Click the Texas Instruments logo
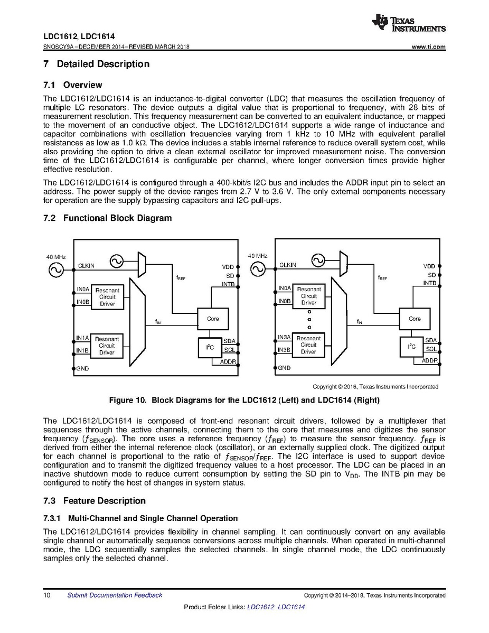pos(408,22)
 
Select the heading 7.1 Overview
pos(72,85)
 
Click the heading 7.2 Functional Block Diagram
pos(107,218)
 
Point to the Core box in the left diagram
pos(213,319)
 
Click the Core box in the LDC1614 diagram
pos(415,319)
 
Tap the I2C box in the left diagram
pos(210,347)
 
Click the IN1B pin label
pos(82,350)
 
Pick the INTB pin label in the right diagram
pos(429,283)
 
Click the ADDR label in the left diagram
pos(228,361)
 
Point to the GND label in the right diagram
pos(284,368)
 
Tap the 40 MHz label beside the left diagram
pos(55,256)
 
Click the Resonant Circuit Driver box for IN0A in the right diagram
pos(309,296)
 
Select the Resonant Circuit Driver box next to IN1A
pos(107,346)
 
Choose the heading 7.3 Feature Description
pos(93,501)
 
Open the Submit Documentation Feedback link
pos(115,595)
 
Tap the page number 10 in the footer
pos(46,595)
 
